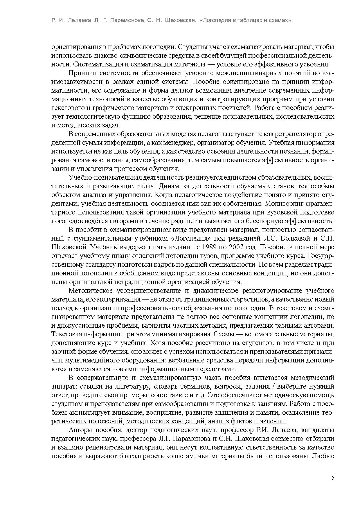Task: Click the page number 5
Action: click(x=333, y=478)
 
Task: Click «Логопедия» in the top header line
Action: click(x=215, y=20)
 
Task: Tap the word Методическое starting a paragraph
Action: click(x=89, y=291)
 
